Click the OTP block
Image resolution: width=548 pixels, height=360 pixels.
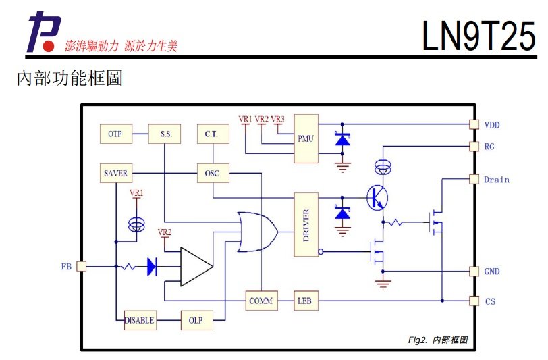tap(115, 134)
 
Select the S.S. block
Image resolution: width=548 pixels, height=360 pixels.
tap(166, 134)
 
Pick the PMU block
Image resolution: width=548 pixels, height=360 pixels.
tap(305, 138)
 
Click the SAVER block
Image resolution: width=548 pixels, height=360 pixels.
tap(115, 174)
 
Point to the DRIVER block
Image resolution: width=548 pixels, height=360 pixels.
tap(305, 224)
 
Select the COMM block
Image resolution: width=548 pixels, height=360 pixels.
tap(261, 301)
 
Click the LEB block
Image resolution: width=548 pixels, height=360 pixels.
tap(304, 301)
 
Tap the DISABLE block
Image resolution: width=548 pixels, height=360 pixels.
tap(140, 320)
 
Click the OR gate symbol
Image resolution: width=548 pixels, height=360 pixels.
tap(257, 231)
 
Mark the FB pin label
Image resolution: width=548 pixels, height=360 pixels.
tap(66, 267)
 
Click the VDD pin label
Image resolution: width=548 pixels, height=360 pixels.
tap(492, 125)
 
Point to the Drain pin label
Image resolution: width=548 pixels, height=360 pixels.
tap(496, 180)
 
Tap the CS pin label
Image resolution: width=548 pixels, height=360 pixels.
tap(489, 301)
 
